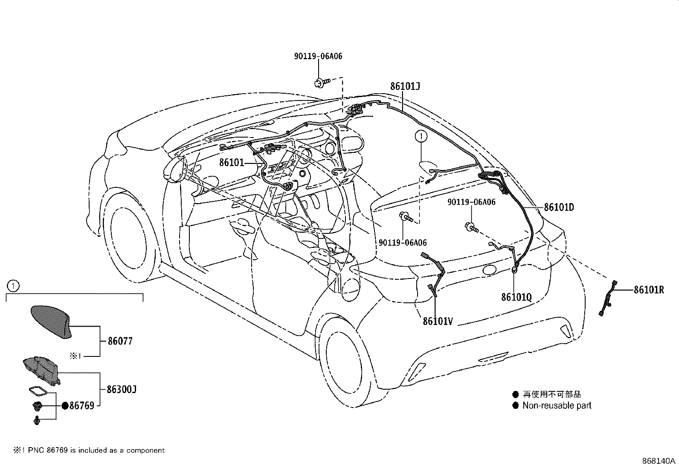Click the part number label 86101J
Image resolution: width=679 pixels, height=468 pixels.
click(405, 86)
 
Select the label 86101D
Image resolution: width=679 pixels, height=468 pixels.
click(559, 207)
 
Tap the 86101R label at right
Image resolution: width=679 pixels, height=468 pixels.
click(649, 290)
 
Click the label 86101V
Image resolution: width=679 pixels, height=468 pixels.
click(438, 321)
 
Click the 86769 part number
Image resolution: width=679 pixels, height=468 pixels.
click(81, 406)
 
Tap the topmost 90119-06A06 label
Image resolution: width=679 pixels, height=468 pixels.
click(318, 56)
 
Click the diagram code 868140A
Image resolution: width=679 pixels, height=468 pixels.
click(659, 461)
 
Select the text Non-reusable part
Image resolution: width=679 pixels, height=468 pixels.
click(557, 406)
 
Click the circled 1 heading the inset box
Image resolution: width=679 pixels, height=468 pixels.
click(13, 285)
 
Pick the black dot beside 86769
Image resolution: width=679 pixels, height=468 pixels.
click(65, 406)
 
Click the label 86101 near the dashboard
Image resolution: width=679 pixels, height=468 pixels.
click(231, 162)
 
